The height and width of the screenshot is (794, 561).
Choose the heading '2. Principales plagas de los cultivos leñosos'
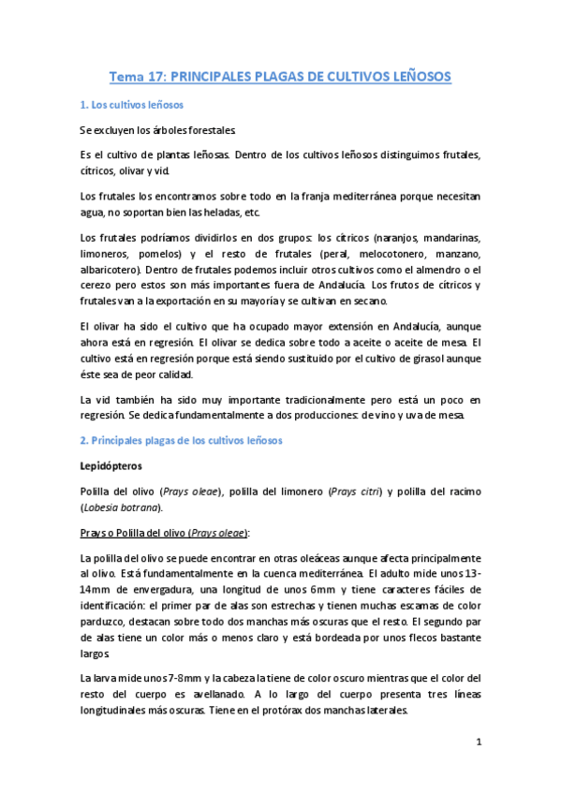pyautogui.click(x=187, y=440)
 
